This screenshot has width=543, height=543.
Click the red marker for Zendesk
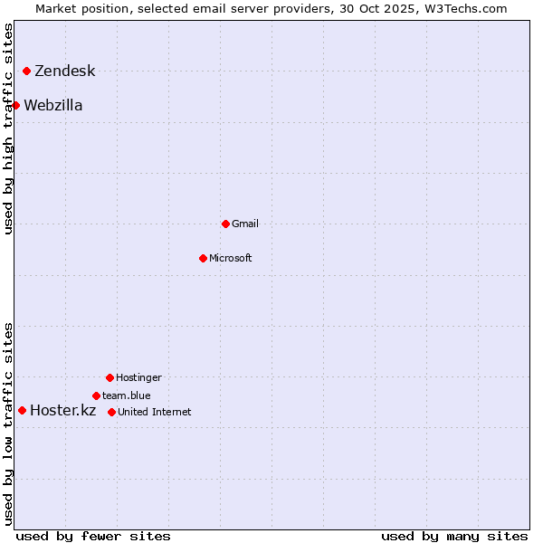pyautogui.click(x=26, y=71)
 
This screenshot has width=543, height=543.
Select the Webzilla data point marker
pyautogui.click(x=15, y=105)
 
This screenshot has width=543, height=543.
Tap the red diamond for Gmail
pyautogui.click(x=225, y=224)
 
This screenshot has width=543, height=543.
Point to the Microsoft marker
pyautogui.click(x=203, y=258)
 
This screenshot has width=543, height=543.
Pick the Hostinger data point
pyautogui.click(x=110, y=377)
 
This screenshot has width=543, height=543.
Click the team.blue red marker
pyautogui.click(x=96, y=395)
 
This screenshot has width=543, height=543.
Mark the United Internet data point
pyautogui.click(x=111, y=412)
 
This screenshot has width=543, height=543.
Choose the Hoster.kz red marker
pyautogui.click(x=22, y=410)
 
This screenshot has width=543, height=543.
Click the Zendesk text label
pyautogui.click(x=64, y=71)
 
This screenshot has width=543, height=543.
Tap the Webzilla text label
pyautogui.click(x=52, y=106)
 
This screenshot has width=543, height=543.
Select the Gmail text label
pyautogui.click(x=245, y=224)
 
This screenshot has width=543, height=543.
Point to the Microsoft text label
pyautogui.click(x=231, y=258)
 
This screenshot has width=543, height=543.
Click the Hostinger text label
pyautogui.click(x=138, y=377)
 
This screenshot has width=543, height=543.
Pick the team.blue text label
pyautogui.click(x=127, y=395)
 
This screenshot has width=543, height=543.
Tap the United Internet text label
pyautogui.click(x=155, y=412)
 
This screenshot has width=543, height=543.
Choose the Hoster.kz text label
pyautogui.click(x=62, y=411)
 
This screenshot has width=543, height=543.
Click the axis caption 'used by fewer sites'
pyautogui.click(x=93, y=536)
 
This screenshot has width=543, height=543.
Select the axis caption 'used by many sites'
pyautogui.click(x=454, y=536)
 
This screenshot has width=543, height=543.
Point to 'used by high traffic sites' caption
pyautogui.click(x=9, y=129)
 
